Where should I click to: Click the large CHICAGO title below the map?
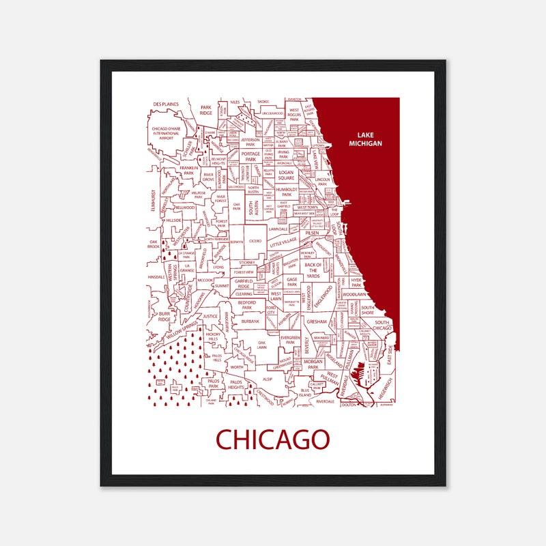[x=273, y=440]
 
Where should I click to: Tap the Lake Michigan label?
[x=365, y=139]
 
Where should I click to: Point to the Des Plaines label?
[x=166, y=104]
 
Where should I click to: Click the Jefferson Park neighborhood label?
[x=250, y=142]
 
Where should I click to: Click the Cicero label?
[x=255, y=241]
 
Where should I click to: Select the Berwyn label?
[x=237, y=242]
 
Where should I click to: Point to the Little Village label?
[x=284, y=242]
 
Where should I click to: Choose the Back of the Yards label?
[x=313, y=270]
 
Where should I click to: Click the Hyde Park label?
[x=356, y=282]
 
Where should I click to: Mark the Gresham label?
[x=317, y=321]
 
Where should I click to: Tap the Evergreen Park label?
[x=290, y=340]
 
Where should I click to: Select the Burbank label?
[x=250, y=321]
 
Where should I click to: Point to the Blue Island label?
[x=305, y=392]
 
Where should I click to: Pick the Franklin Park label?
[x=188, y=171]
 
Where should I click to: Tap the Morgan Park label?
[x=313, y=364]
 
